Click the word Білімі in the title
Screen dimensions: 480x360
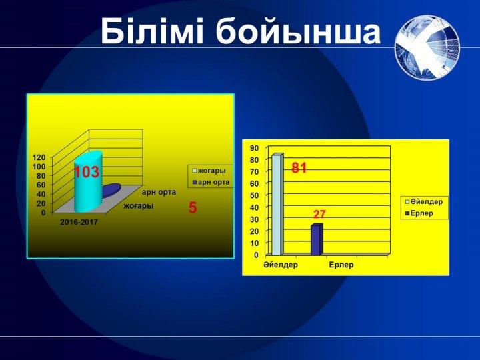point(152,31)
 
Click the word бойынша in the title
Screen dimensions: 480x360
point(298,31)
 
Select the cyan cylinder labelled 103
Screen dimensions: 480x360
point(88,181)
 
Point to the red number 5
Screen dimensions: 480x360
point(193,208)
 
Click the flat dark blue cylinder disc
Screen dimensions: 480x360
point(110,190)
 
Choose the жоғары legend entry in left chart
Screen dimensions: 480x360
point(209,171)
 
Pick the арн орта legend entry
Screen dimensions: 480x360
point(211,183)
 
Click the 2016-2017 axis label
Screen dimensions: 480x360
point(79,222)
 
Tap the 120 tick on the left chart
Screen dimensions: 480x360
point(39,157)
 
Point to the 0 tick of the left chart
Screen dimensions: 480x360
point(43,212)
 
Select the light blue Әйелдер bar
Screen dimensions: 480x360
point(277,204)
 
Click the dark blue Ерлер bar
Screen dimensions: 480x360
point(317,240)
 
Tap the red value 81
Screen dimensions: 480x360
point(299,168)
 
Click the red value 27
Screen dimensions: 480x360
point(319,214)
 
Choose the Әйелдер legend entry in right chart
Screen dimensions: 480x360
point(424,202)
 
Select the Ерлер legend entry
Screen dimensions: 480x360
point(419,213)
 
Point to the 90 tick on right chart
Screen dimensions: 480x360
point(255,148)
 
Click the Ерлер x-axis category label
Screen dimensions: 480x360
point(341,265)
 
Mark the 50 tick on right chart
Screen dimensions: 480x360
point(255,195)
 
